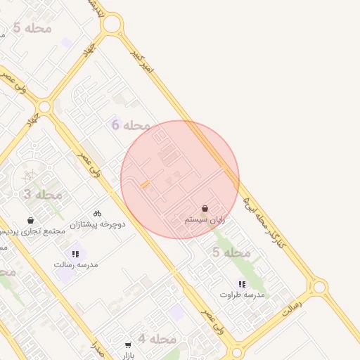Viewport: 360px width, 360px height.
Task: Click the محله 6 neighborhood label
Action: pyautogui.click(x=131, y=125)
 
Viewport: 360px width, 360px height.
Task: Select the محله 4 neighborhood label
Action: pyautogui.click(x=156, y=339)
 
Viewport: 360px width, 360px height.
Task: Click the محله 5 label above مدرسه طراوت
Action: pyautogui.click(x=231, y=252)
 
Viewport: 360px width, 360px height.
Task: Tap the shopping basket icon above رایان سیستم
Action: pyautogui.click(x=205, y=209)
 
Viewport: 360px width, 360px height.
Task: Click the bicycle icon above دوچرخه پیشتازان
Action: pyautogui.click(x=97, y=213)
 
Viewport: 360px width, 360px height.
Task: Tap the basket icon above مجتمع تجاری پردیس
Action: pyautogui.click(x=30, y=220)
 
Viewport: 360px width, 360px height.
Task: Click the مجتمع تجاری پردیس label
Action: pyautogui.click(x=34, y=231)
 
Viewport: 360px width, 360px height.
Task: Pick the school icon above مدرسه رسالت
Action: pyautogui.click(x=75, y=254)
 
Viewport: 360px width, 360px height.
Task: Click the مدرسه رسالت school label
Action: pyautogui.click(x=76, y=265)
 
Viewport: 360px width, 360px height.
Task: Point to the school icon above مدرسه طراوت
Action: pyautogui.click(x=242, y=284)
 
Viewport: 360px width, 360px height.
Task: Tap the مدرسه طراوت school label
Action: pyautogui.click(x=242, y=295)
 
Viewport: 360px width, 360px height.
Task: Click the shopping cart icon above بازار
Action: pyautogui.click(x=127, y=345)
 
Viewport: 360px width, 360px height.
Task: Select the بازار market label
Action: pyautogui.click(x=127, y=356)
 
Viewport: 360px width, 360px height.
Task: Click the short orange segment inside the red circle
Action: pyautogui.click(x=146, y=184)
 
